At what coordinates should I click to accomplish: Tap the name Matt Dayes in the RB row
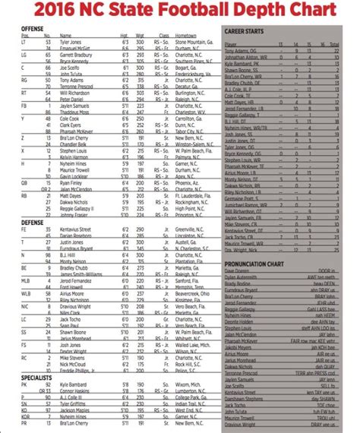point(71,196)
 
